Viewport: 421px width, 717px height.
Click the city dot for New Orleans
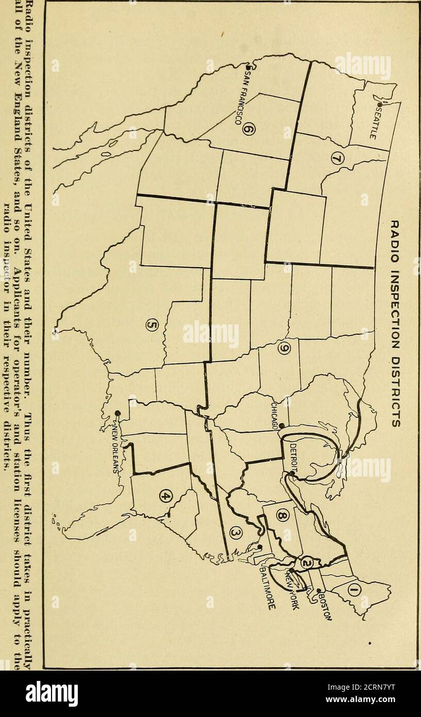coord(118,412)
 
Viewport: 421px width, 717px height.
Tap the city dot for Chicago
coord(281,426)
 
